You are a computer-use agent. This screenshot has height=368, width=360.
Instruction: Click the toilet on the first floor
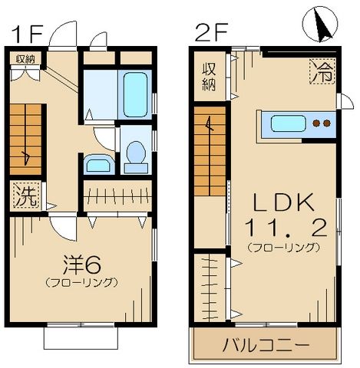tap(137, 151)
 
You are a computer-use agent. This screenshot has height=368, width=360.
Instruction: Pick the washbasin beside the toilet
tap(97, 164)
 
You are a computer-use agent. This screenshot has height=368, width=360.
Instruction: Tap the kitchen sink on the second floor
tap(288, 123)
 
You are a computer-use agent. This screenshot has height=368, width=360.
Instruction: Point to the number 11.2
tap(283, 228)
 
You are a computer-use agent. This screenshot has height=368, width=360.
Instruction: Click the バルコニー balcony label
tap(266, 343)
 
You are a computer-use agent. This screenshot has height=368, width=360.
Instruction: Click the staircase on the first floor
tap(28, 138)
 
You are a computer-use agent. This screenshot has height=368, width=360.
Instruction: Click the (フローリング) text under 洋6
tap(83, 282)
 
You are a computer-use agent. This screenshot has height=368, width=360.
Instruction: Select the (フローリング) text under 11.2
tap(283, 247)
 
